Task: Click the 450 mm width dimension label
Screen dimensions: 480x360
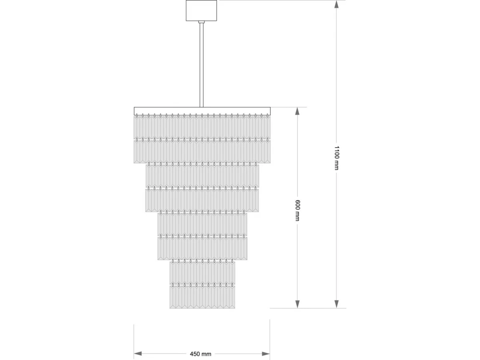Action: (x=200, y=354)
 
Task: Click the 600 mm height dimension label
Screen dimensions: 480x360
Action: (x=298, y=210)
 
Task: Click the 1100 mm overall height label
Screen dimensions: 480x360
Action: (x=336, y=158)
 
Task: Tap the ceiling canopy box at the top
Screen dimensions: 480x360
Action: (x=201, y=10)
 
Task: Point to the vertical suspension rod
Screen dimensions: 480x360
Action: (x=202, y=65)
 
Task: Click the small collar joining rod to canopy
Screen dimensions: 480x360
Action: (x=202, y=22)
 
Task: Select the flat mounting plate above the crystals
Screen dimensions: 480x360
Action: (x=202, y=111)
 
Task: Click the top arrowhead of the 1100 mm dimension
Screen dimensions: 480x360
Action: (x=336, y=4)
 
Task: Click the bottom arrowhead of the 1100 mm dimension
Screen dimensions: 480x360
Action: (x=336, y=304)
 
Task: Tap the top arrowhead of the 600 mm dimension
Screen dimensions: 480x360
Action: (x=298, y=111)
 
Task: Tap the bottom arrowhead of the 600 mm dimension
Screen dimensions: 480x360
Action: (x=298, y=304)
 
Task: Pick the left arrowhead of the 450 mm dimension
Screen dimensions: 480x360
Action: (x=138, y=354)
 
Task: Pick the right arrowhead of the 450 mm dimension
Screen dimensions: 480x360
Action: (x=266, y=354)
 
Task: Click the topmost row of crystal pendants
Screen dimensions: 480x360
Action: (x=202, y=128)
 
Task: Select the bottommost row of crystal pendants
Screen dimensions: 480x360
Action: (x=202, y=297)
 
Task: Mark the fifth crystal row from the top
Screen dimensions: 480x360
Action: (x=202, y=224)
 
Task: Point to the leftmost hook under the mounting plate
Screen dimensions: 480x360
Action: (x=137, y=116)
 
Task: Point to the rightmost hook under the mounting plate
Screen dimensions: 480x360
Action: (x=267, y=116)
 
